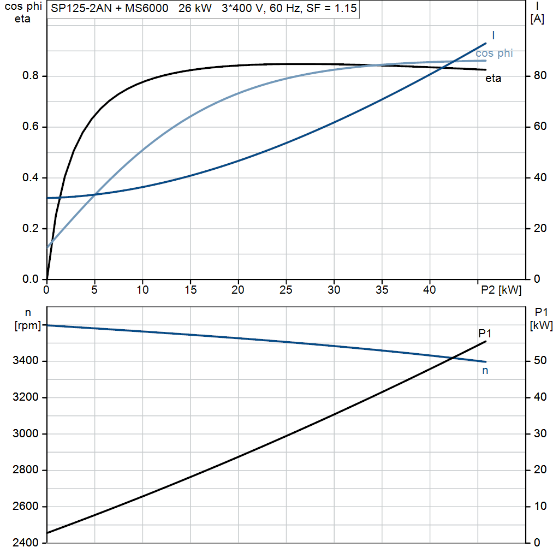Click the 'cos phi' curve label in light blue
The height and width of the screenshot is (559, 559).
(494, 53)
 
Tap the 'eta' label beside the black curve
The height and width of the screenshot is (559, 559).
(493, 79)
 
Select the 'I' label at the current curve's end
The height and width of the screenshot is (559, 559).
(493, 35)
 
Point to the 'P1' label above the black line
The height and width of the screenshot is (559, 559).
(485, 334)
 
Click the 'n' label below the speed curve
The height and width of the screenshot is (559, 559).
(485, 371)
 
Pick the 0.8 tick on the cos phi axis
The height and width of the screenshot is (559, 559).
(31, 75)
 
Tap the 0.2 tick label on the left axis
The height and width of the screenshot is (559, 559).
(31, 228)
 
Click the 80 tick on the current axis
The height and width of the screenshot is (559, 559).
(540, 75)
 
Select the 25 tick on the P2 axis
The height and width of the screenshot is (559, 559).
(286, 290)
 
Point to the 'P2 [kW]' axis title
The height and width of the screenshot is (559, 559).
(501, 290)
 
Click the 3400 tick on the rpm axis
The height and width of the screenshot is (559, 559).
(25, 360)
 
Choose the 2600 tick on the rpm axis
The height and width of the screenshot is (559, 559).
(25, 506)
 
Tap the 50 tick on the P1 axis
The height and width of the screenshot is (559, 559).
(540, 360)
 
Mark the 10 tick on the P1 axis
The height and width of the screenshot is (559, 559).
(540, 506)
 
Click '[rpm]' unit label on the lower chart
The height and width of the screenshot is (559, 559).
(28, 325)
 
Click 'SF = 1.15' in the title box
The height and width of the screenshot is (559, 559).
(331, 8)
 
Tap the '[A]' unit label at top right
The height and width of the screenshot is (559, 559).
(537, 19)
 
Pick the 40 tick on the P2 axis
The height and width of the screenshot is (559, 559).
(430, 290)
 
